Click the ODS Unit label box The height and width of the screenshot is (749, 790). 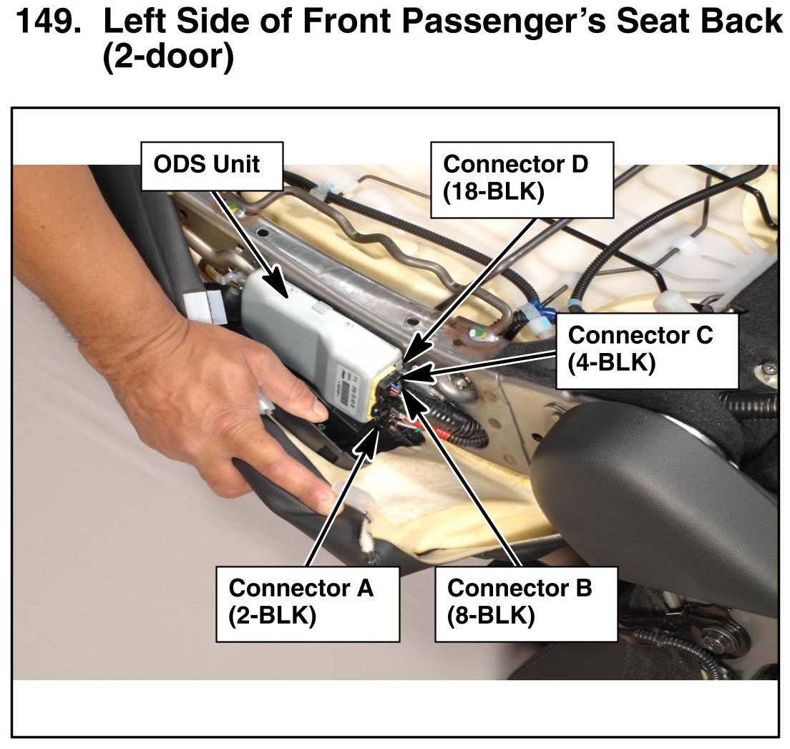click(212, 166)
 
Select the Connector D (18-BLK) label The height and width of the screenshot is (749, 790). click(522, 180)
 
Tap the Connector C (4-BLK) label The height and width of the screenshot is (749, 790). click(647, 351)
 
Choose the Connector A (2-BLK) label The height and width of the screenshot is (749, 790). click(308, 604)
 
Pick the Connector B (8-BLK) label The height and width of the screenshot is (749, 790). click(526, 604)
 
